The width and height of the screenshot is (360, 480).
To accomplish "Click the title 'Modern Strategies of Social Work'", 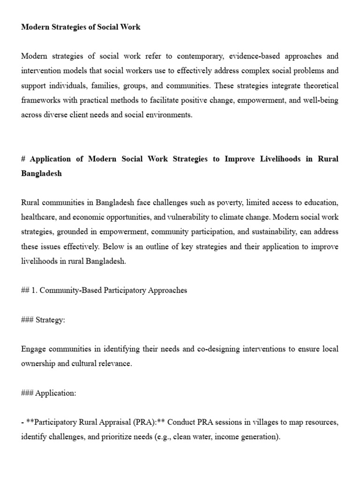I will click(81, 27).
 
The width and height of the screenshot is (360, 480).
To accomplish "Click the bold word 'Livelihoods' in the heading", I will click(274, 159).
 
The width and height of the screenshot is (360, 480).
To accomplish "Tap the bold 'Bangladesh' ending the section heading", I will click(41, 173).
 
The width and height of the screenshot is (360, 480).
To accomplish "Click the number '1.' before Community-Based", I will click(34, 290).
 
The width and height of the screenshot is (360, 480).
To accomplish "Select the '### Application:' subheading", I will click(48, 393).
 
